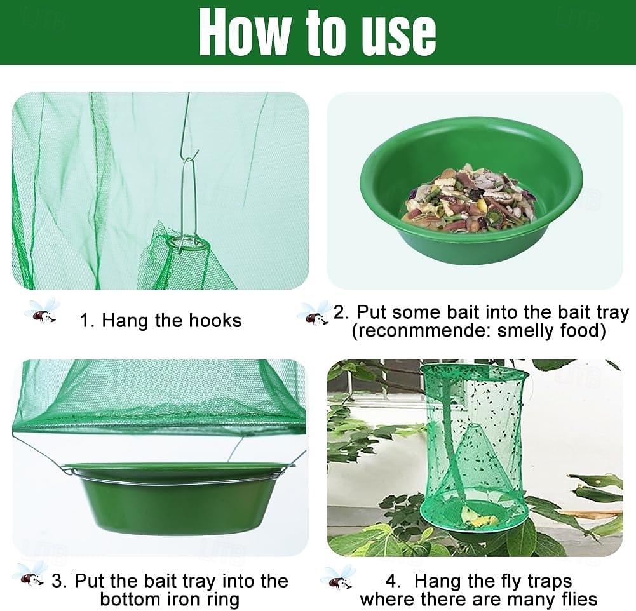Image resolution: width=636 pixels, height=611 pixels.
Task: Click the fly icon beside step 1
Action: click(42, 311)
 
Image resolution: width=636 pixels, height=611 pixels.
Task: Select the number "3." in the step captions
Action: click(59, 581)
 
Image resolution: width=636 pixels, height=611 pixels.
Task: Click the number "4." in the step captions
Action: click(393, 581)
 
